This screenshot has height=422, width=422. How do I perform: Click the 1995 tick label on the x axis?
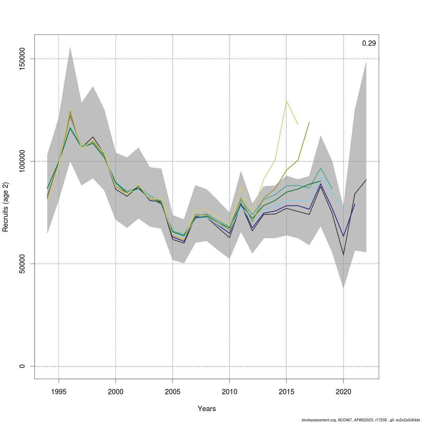pos(59,392)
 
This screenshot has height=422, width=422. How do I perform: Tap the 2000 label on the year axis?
pos(116,392)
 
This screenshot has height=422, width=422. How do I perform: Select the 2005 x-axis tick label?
pos(173,392)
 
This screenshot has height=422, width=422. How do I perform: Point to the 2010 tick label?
pos(229,392)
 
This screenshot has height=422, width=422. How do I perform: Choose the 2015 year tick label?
pos(287,392)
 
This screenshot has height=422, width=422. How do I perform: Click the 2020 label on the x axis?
pos(344,392)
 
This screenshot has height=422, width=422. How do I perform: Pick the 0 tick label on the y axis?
pos(22,366)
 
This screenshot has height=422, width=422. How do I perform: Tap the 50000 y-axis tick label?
pos(22,264)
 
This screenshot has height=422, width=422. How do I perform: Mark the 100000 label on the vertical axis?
pos(22,161)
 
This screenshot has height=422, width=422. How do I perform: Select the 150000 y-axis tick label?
pos(22,59)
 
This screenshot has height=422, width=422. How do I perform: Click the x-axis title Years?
pos(207,409)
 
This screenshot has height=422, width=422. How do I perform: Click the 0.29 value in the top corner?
pos(369,44)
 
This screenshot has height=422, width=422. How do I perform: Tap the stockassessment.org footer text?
pos(360,420)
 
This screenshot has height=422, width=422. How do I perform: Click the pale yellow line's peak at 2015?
pos(287,101)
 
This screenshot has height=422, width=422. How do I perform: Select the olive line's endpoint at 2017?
pos(309,123)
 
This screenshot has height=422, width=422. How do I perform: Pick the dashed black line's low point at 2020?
pos(344,254)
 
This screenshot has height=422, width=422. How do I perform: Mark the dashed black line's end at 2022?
pos(366,180)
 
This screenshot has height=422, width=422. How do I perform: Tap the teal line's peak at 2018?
pos(321,168)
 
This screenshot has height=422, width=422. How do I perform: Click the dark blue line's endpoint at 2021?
pos(355,204)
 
